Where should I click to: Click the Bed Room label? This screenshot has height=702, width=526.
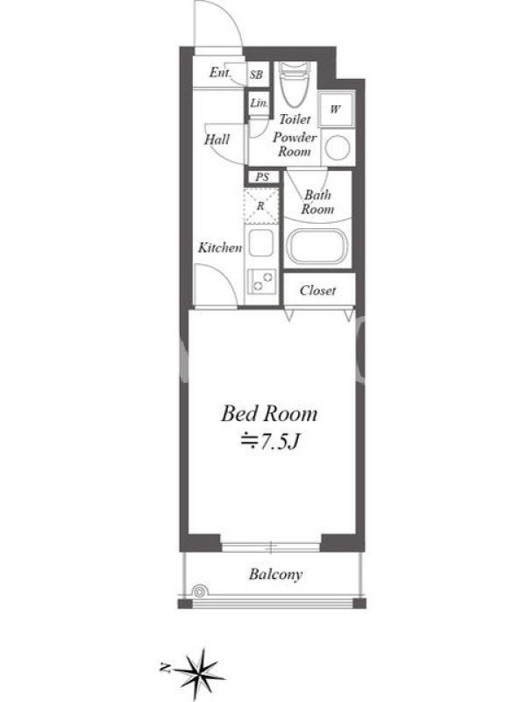269,413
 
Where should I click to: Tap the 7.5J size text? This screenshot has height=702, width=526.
270,442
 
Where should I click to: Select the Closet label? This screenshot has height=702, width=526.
317,290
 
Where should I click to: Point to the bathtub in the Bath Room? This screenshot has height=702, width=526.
316,247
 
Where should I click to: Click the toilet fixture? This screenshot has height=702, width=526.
294,84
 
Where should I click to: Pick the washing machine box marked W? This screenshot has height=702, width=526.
336,109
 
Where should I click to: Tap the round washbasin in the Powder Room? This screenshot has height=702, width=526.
338,147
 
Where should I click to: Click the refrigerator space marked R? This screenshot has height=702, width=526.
261,206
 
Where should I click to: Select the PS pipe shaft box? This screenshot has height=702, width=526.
262,177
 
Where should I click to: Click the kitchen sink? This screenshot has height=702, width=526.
260,243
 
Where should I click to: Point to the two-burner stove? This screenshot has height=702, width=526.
262,281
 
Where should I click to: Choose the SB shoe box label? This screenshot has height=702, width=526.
256,75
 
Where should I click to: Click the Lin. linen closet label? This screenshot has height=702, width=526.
259,103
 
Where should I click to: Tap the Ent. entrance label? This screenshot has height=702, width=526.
220,72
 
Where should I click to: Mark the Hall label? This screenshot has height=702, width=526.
217,140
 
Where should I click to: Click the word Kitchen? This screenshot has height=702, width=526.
220,247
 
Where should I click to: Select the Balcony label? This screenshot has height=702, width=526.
275,575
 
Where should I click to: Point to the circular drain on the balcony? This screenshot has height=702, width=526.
200,591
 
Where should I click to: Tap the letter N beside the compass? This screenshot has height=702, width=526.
165,669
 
